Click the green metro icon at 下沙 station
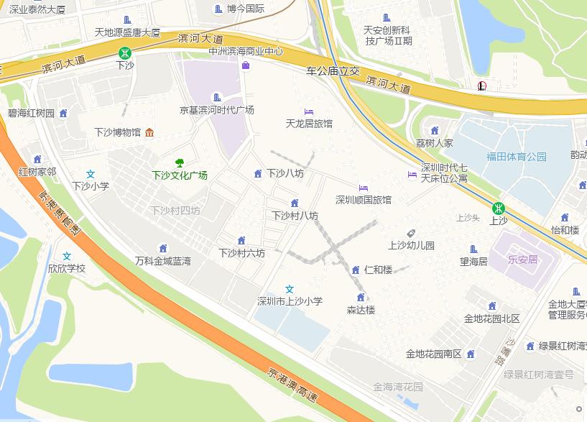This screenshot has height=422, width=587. click(x=125, y=52)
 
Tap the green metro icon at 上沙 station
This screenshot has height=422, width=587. click(x=497, y=208)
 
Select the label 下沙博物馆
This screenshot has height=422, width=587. click(x=118, y=132)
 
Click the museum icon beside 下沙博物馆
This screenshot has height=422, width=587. click(x=149, y=132)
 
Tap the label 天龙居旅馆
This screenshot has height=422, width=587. click(x=309, y=124)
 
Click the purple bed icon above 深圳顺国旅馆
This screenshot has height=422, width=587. click(x=364, y=188)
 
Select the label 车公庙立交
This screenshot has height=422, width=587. click(x=332, y=72)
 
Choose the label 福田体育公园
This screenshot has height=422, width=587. click(x=517, y=157)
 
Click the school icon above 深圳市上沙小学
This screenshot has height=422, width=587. click(x=290, y=289)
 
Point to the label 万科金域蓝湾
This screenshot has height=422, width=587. click(x=163, y=261)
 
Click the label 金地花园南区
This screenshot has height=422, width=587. click(x=433, y=354)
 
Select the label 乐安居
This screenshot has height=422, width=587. click(x=522, y=260)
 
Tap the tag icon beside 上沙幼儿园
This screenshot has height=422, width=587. click(x=411, y=233)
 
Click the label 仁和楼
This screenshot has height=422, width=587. click(x=378, y=270)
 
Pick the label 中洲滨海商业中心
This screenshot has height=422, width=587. click(x=246, y=52)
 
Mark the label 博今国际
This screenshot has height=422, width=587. click(x=246, y=9)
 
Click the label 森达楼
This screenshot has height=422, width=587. click(x=361, y=310)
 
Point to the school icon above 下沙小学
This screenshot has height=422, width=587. click(x=91, y=174)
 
